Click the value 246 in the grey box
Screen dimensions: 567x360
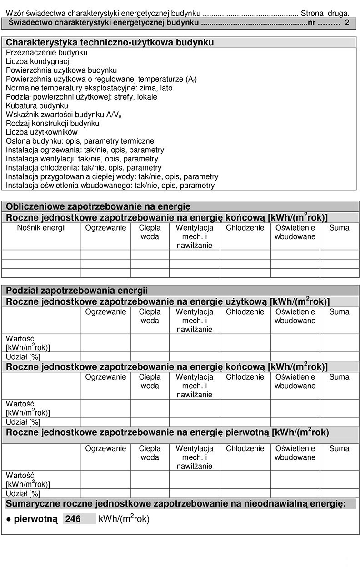[73, 519]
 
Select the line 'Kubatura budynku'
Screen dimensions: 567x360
[37, 105]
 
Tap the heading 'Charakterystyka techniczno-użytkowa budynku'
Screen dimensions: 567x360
[110, 43]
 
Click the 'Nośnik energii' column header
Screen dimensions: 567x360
[41, 228]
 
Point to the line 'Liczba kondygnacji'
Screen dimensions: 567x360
[38, 61]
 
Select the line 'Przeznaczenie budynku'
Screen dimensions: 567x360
[47, 52]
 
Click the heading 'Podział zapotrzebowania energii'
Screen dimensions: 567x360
[77, 290]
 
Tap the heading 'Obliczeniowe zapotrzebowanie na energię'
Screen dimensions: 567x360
[98, 206]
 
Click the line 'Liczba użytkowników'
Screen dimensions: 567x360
[42, 132]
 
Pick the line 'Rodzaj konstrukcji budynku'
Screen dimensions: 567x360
[52, 123]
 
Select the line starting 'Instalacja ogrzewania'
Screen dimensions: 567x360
[85, 150]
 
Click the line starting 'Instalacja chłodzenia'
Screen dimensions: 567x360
[84, 168]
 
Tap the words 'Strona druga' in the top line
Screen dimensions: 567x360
[325, 14]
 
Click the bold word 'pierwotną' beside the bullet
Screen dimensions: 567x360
[35, 519]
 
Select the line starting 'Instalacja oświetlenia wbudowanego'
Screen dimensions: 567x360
[110, 186]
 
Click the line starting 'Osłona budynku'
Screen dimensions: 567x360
[80, 141]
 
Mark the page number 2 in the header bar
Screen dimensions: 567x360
[347, 22]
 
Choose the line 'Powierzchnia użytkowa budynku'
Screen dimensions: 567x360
[61, 70]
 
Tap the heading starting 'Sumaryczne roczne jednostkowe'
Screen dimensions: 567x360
[175, 503]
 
